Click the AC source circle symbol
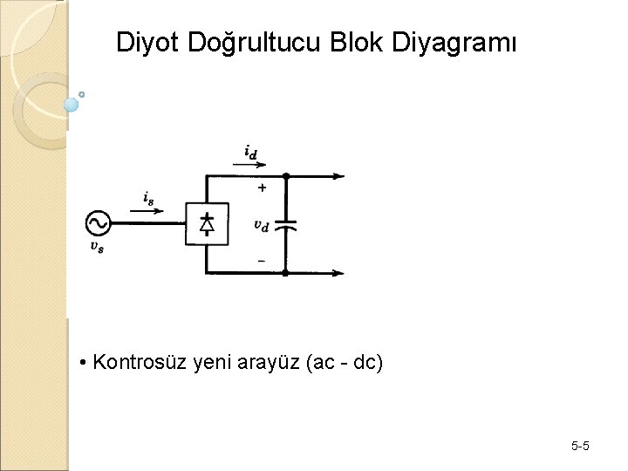click(98, 223)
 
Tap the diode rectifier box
click(208, 224)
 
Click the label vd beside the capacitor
click(261, 225)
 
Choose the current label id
click(250, 154)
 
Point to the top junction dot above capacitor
click(285, 176)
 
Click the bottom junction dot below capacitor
click(285, 273)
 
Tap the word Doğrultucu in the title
click(254, 43)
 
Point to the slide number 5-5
click(580, 447)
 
